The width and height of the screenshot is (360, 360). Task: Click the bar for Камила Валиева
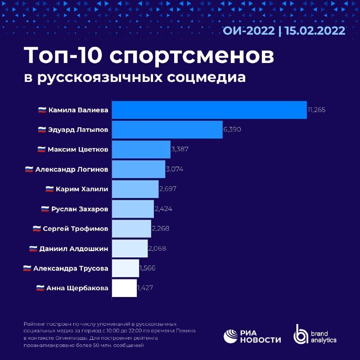click(x=209, y=110)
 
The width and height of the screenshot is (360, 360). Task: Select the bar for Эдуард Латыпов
click(x=167, y=130)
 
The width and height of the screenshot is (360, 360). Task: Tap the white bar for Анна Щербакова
click(x=124, y=288)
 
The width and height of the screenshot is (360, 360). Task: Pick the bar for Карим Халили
click(x=135, y=189)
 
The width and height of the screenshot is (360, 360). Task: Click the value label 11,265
click(x=316, y=110)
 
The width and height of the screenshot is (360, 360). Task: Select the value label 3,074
click(x=175, y=169)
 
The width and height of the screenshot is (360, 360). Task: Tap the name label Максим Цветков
click(x=78, y=149)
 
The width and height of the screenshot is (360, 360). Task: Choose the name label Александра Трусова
click(x=71, y=268)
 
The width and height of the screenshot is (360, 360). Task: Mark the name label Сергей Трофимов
click(x=76, y=229)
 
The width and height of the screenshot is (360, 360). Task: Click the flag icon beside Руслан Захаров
click(x=45, y=209)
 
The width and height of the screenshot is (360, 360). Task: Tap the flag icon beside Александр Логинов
click(x=29, y=169)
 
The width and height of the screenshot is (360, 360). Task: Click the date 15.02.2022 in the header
click(x=315, y=31)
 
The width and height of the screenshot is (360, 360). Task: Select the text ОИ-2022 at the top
click(x=248, y=31)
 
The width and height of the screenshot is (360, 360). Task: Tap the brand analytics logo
click(x=315, y=335)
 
